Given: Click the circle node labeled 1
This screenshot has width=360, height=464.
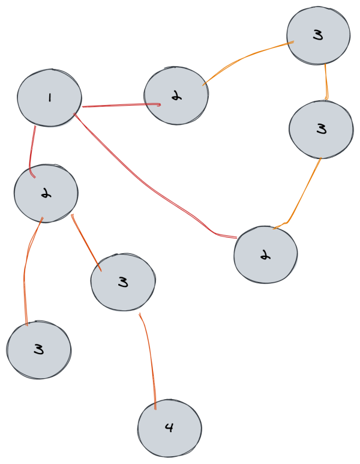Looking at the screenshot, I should [49, 98].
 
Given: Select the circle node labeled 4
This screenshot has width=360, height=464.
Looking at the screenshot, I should [169, 429].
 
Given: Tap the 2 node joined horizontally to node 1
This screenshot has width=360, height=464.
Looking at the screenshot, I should [176, 95].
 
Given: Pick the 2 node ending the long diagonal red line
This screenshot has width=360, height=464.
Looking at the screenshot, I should [265, 255].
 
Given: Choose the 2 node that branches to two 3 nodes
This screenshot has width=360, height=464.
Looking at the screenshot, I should [46, 193].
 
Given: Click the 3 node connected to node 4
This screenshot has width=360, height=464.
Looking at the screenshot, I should [123, 282].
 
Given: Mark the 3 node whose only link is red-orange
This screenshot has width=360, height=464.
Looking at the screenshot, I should [39, 349].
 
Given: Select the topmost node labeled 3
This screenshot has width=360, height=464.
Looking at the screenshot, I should [318, 35].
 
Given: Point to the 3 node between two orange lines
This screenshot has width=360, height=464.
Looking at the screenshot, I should [320, 128].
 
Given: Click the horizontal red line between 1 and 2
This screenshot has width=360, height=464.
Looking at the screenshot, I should [120, 106].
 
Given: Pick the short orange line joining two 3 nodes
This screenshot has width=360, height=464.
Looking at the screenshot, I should [326, 81].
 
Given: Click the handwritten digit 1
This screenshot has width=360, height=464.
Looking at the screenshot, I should [49, 98].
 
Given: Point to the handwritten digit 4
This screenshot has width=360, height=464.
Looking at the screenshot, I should [169, 428].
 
